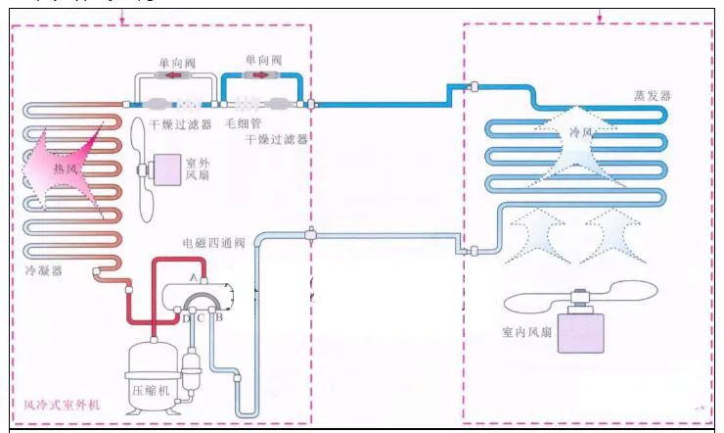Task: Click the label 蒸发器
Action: point(653,95)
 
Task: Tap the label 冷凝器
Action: point(44,270)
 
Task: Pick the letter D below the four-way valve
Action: point(186,318)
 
